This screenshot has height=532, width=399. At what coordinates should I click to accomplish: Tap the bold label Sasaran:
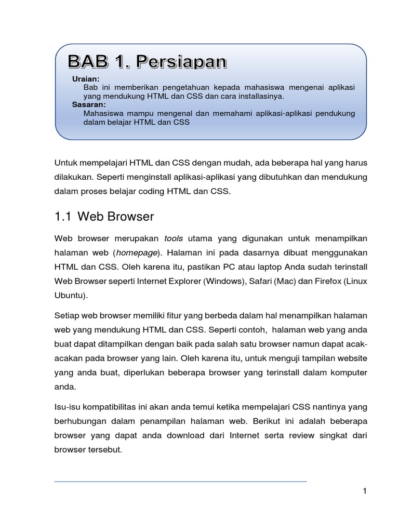click(x=89, y=104)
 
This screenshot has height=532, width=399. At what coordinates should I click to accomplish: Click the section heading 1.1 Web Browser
click(x=104, y=216)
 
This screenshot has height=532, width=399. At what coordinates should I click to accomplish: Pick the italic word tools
click(x=173, y=238)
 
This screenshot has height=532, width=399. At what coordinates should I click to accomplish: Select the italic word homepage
click(x=137, y=252)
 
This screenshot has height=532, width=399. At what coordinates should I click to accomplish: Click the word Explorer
click(x=184, y=281)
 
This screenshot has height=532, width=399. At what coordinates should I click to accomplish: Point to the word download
click(x=185, y=435)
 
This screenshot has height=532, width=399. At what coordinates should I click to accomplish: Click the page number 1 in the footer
click(x=365, y=491)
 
